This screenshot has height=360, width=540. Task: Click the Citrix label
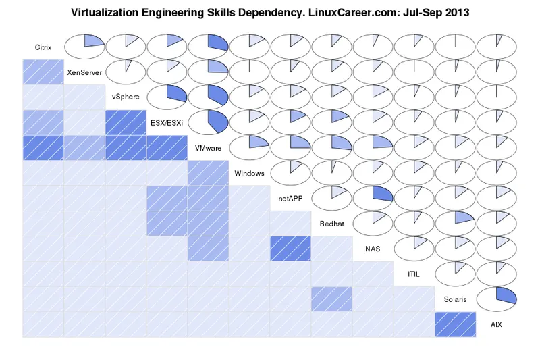coord(43,47)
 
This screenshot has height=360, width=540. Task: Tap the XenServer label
coord(84,72)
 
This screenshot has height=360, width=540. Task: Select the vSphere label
coord(126,97)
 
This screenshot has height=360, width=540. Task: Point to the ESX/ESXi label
coord(167,122)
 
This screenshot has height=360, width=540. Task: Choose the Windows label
coord(249,173)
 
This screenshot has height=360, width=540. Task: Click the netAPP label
coord(290,199)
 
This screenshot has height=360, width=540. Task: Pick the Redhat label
coord(331,224)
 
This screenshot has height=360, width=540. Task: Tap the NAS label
coord(373,249)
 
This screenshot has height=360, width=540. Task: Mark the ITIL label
coord(414,274)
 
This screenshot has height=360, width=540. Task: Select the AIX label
coord(496,324)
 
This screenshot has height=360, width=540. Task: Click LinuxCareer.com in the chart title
coord(352,12)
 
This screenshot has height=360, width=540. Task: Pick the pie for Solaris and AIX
coord(496,299)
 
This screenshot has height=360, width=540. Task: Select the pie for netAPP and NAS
coord(373,197)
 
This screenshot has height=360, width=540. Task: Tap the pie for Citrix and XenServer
coord(84,46)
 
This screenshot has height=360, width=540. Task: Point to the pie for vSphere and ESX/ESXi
coord(167,97)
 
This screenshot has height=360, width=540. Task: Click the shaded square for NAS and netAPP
coord(290,249)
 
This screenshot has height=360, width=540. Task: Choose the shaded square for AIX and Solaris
coord(455,324)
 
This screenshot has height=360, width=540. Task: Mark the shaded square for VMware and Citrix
coord(43,148)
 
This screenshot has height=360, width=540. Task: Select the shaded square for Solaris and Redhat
coord(331,299)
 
